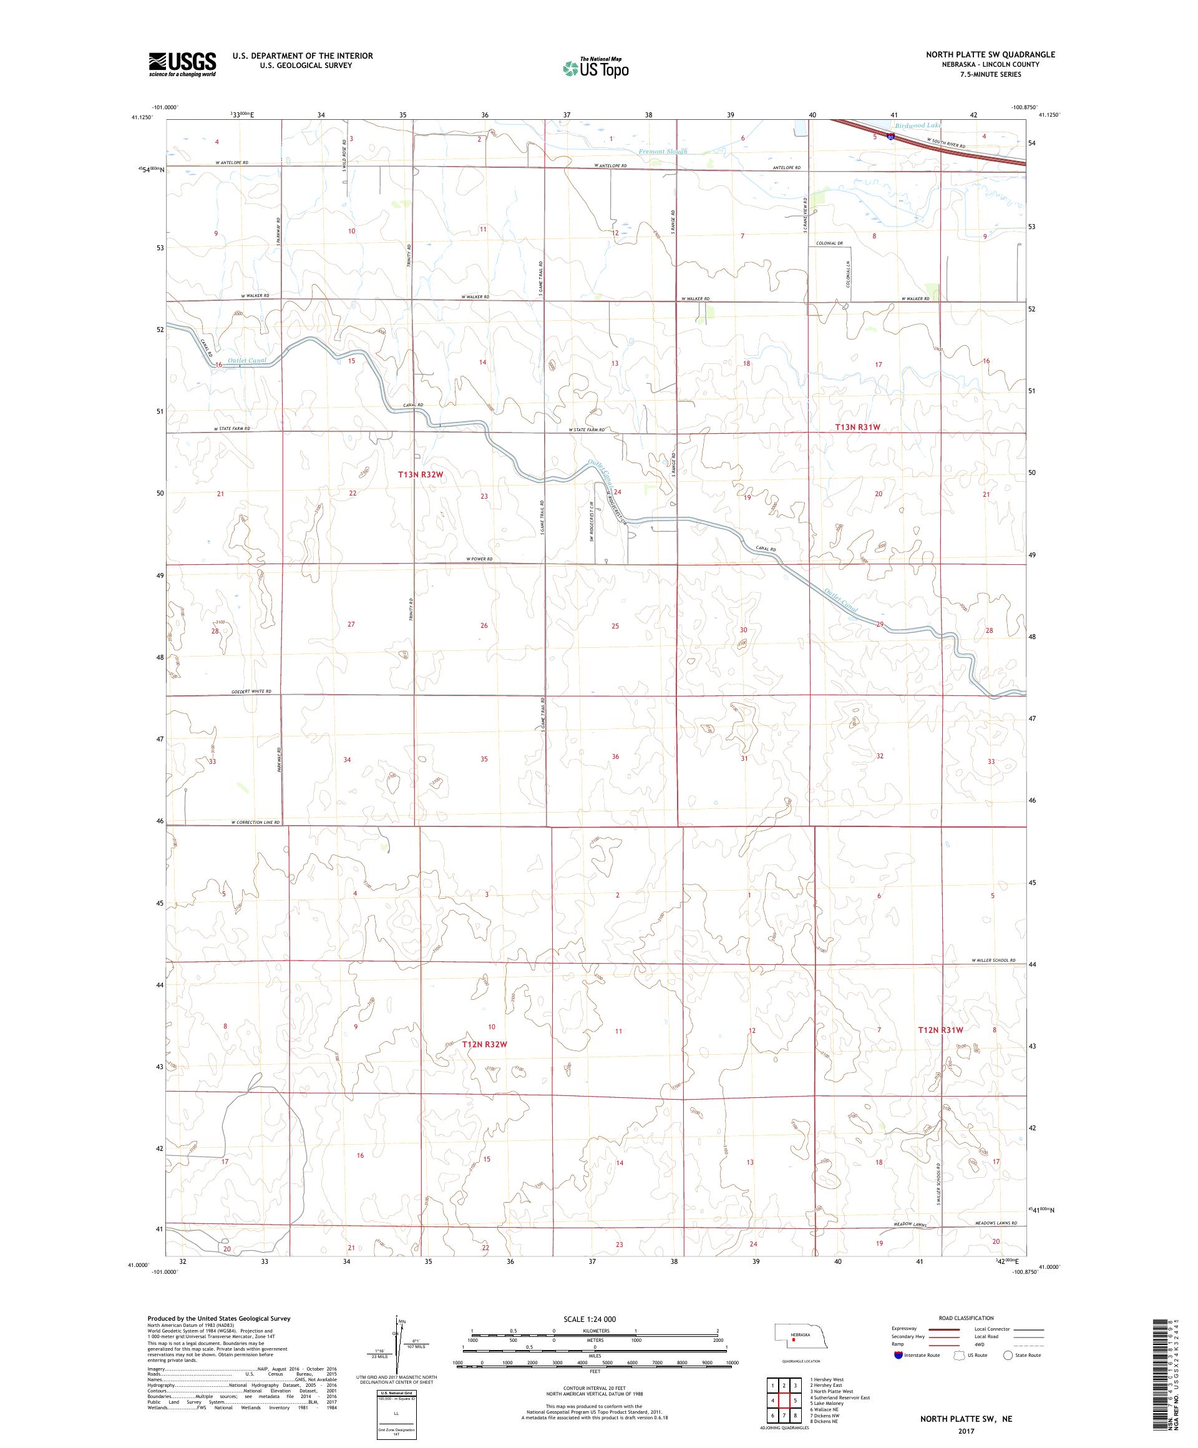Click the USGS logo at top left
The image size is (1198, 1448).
tap(182, 64)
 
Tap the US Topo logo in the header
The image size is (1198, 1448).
tap(597, 67)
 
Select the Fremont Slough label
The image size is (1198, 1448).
tap(663, 151)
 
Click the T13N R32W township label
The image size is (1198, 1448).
tap(421, 474)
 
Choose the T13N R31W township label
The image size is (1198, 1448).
tap(857, 427)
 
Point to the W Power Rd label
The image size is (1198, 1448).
tap(480, 559)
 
